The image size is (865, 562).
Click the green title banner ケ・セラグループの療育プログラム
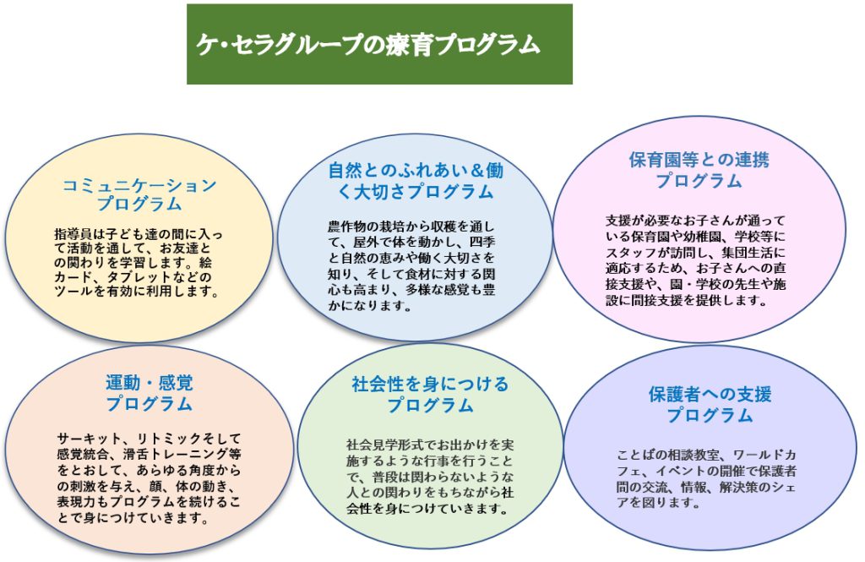pos(379,44)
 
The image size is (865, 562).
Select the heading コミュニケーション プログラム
pos(139,194)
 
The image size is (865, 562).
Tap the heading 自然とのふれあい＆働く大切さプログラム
pos(415,181)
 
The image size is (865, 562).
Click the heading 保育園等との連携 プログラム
pos(699,170)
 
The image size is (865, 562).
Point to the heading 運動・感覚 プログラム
pos(149,393)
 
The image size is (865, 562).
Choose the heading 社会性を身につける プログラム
pos(430,394)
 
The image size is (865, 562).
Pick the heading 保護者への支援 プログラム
pos(710,404)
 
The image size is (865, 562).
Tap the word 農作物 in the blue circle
pos(347,226)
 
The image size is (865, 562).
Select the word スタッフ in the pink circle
pos(632,253)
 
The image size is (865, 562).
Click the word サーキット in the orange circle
pos(90,439)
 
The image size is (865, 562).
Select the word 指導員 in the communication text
pos(74,235)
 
